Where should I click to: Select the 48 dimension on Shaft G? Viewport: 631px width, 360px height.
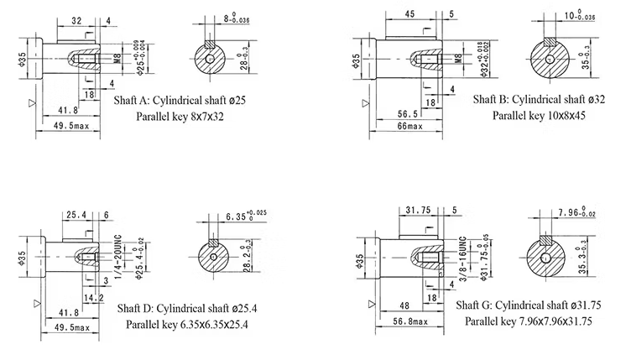[403, 305]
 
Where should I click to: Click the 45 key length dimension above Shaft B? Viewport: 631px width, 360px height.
[410, 13]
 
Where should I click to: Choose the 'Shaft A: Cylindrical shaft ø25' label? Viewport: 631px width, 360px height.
[180, 99]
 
